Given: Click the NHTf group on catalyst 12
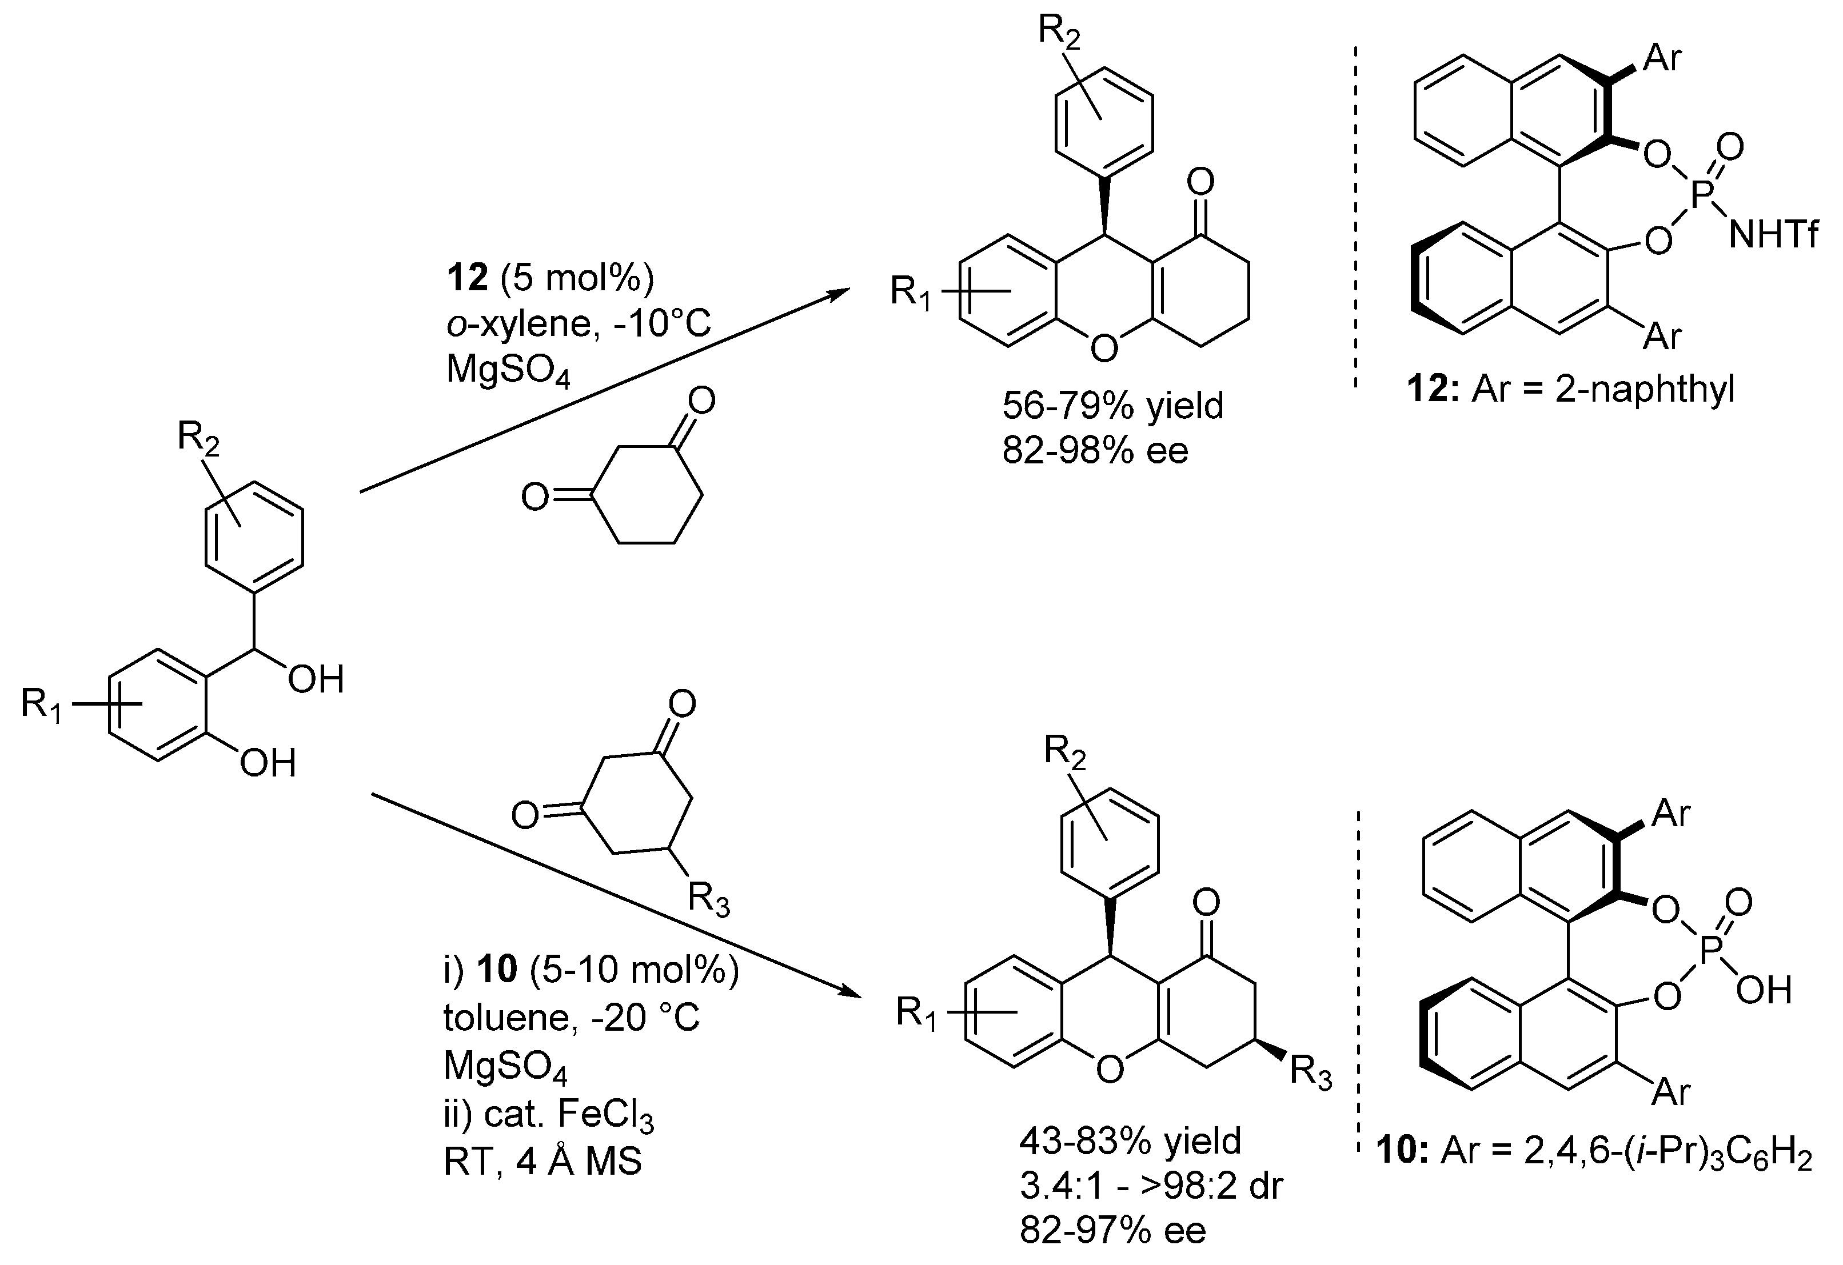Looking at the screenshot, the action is click(x=1773, y=235).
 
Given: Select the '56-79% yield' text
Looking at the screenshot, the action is click(x=1112, y=406).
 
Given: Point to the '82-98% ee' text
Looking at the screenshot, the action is click(x=1095, y=450).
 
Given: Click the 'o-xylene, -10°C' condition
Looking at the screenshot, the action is click(x=578, y=324).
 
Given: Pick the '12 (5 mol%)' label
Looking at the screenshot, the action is click(x=549, y=278).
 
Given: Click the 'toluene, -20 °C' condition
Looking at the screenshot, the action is click(x=571, y=1018).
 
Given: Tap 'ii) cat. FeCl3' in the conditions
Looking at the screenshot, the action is click(x=548, y=1115).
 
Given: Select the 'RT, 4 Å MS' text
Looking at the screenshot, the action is click(x=542, y=1162).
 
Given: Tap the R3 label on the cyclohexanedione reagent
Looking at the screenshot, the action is click(x=708, y=900).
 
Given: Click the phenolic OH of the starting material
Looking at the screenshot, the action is click(x=268, y=763).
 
